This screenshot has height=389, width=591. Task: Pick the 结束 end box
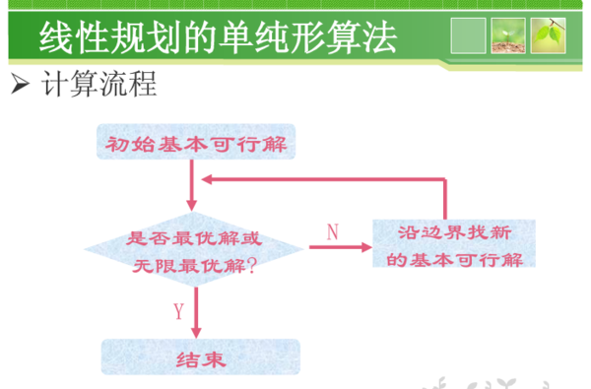pyautogui.click(x=200, y=357)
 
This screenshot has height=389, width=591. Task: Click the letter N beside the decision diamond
pyautogui.click(x=332, y=231)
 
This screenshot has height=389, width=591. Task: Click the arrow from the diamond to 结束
pyautogui.click(x=197, y=312)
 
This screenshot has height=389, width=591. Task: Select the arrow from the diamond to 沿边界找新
pyautogui.click(x=339, y=249)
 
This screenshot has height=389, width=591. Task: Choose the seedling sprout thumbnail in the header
pyautogui.click(x=507, y=35)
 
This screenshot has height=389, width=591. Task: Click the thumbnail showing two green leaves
pyautogui.click(x=548, y=35)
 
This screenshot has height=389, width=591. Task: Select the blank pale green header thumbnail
pyautogui.click(x=467, y=35)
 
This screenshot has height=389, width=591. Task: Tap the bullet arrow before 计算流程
pyautogui.click(x=17, y=84)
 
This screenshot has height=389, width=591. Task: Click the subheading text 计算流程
pyautogui.click(x=98, y=84)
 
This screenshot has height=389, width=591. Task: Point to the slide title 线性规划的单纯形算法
pyautogui.click(x=218, y=37)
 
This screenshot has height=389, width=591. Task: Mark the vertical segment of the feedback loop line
pyautogui.click(x=446, y=199)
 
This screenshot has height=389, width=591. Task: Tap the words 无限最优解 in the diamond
pyautogui.click(x=187, y=265)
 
